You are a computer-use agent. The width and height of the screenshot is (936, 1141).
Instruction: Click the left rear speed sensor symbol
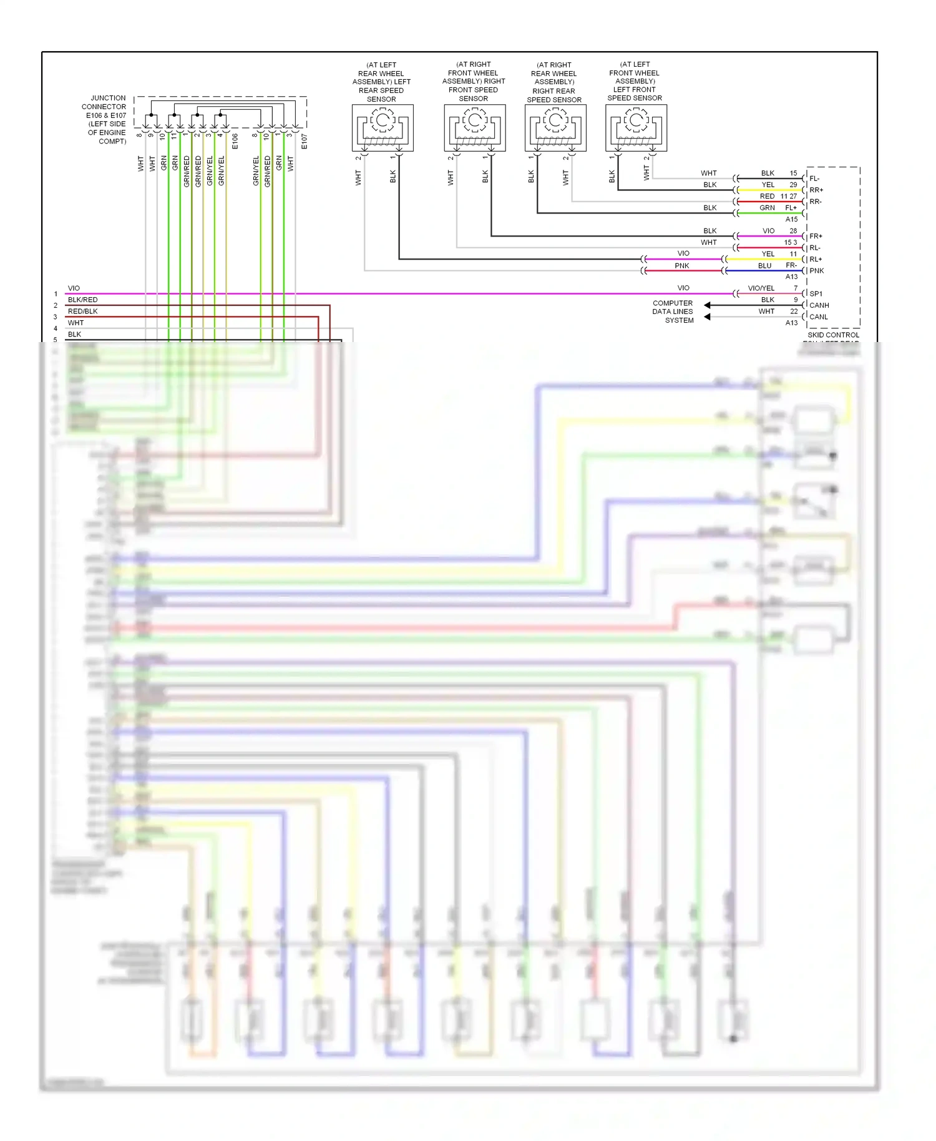383,127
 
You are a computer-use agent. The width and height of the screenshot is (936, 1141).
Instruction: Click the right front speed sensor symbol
474,127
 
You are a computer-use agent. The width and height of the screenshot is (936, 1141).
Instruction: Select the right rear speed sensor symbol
555,127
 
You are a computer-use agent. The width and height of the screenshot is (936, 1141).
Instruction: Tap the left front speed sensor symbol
636,127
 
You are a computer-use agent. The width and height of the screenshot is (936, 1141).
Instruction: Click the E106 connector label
235,141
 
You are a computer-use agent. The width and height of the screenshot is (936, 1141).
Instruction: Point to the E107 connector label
305,141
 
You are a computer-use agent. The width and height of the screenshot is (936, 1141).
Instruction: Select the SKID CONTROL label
833,335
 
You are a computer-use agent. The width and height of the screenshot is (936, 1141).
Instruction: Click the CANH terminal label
819,305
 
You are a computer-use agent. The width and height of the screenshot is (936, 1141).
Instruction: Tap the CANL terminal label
818,317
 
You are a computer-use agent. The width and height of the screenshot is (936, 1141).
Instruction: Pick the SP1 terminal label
816,293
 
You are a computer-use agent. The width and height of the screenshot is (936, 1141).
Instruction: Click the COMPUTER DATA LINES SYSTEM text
673,311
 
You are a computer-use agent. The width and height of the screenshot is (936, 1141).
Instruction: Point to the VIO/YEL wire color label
761,288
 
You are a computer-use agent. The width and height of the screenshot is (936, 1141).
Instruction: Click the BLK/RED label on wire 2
82,300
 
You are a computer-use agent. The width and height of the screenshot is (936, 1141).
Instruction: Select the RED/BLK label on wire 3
82,311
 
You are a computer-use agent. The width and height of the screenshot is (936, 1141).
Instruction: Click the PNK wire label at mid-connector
681,266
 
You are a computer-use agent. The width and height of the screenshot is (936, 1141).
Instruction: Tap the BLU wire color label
764,266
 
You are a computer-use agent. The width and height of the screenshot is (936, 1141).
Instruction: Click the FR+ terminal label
816,237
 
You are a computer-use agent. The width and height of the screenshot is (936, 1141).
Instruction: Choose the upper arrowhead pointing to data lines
707,305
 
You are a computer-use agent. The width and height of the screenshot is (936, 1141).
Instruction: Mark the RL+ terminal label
816,260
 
